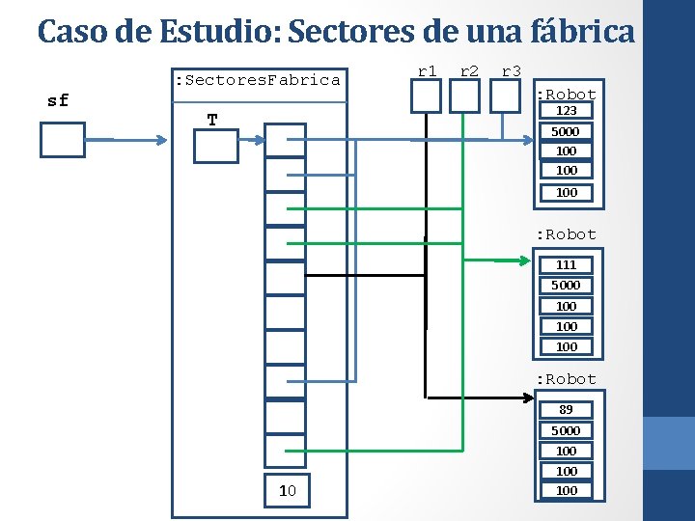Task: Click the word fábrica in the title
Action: tap(583, 33)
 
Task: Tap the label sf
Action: tap(58, 100)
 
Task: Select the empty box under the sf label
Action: tap(63, 139)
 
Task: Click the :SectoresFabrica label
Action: tap(256, 80)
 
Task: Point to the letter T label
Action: tap(212, 120)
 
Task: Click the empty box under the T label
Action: tap(214, 147)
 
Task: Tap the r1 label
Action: tap(427, 70)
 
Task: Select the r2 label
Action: tap(470, 70)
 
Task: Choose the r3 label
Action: tap(512, 70)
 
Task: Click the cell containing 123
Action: tap(566, 111)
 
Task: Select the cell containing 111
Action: tap(566, 264)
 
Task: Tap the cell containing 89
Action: tap(566, 409)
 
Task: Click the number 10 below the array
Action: tap(287, 491)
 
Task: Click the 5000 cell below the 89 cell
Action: tap(566, 430)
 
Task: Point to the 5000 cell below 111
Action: tap(566, 285)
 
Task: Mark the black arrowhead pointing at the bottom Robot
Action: tap(529, 397)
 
